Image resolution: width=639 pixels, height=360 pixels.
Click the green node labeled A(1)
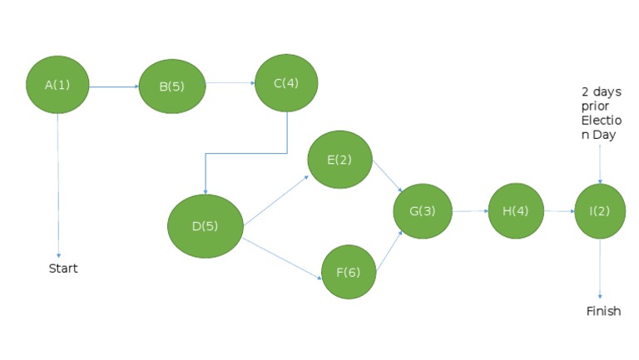click(57, 85)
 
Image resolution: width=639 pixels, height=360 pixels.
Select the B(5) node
click(172, 86)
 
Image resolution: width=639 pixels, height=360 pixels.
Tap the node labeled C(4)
click(286, 83)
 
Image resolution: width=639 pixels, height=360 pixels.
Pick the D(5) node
click(206, 226)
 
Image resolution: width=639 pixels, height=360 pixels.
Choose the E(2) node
click(339, 160)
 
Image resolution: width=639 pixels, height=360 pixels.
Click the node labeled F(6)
click(349, 272)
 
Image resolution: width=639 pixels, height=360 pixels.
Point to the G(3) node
click(423, 211)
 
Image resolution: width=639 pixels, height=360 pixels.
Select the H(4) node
click(516, 211)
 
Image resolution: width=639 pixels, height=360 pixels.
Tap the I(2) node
click(600, 211)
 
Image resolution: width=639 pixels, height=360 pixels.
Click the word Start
click(63, 269)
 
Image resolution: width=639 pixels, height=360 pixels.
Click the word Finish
click(603, 311)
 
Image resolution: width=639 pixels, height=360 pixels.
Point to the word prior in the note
click(595, 106)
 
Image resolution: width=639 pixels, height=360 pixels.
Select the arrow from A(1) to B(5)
click(114, 86)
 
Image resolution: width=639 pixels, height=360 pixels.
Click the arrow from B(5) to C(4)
click(230, 83)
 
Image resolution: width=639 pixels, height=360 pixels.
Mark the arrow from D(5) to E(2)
click(276, 200)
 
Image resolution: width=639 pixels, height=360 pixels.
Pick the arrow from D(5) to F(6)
click(282, 259)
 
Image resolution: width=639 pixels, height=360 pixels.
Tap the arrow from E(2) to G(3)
click(388, 176)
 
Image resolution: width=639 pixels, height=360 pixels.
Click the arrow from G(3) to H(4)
click(470, 211)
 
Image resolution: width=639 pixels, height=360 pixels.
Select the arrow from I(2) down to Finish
click(600, 269)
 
